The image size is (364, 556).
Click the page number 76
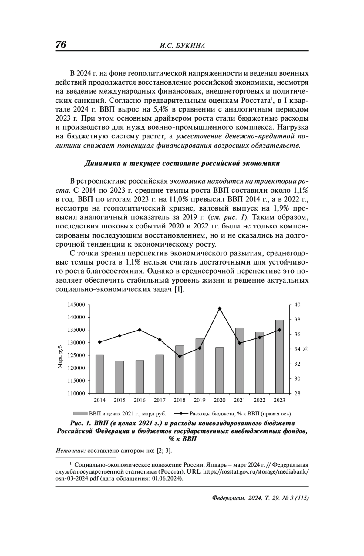tap(61, 45)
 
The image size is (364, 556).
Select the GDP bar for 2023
tap(279, 357)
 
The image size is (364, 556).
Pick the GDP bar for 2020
tap(220, 370)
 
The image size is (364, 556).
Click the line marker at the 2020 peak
tap(220, 308)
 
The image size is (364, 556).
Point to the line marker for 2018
tap(180, 356)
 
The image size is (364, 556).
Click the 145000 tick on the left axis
tap(76, 305)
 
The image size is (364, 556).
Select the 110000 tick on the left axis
tap(76, 393)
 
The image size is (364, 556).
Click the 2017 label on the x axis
tap(160, 400)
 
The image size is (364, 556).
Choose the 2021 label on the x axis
tap(239, 400)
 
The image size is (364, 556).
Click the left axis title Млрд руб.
tap(60, 357)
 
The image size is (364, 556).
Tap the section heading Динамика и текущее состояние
tap(182, 163)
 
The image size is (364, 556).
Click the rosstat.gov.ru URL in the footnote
tap(257, 472)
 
